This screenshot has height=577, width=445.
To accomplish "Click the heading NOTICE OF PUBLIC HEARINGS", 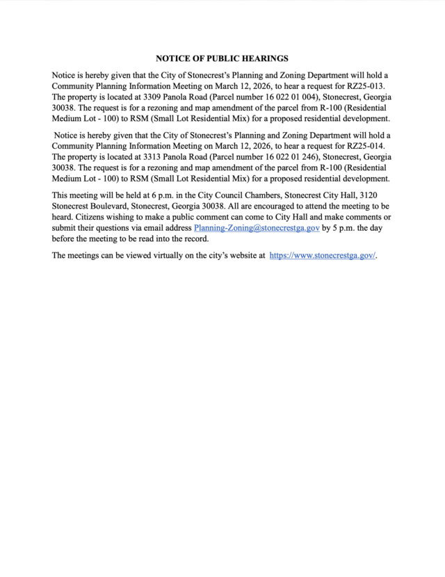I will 222,58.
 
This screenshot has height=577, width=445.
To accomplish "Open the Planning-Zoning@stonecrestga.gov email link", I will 257,227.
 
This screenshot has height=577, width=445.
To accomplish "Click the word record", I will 194,238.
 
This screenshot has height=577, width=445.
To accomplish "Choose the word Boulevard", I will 113,217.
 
